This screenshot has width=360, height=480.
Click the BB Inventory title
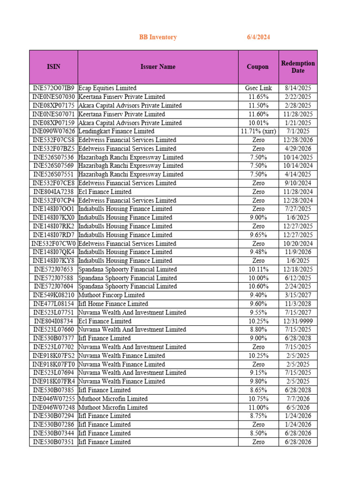pos(157,37)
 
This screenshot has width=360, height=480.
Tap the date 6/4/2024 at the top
pos(258,37)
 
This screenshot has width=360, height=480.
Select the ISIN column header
pos(53,67)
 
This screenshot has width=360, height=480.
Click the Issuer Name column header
pos(158,67)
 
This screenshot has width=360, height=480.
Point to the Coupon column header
pos(258,67)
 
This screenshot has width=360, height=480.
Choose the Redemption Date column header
pos(298,67)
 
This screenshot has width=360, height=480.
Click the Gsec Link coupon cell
pos(258,88)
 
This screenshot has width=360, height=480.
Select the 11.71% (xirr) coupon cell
pos(258,131)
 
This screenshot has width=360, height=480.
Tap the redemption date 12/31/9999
pos(298,321)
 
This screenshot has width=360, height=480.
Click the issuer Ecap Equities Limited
pos(107,88)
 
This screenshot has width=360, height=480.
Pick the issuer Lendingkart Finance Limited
pos(116,131)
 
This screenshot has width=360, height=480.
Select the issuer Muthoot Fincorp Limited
pos(111,295)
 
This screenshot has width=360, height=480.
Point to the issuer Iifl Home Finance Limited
pos(113,304)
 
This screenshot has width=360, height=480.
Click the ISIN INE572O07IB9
pos(53,88)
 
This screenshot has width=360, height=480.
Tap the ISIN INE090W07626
pos(53,131)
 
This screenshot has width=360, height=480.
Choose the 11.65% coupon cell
pos(258,97)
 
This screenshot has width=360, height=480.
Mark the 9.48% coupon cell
pos(258,252)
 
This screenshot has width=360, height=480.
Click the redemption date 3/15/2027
pos(298,295)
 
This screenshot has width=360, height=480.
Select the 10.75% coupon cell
pos(258,399)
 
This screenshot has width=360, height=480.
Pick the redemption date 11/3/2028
pos(298,304)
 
